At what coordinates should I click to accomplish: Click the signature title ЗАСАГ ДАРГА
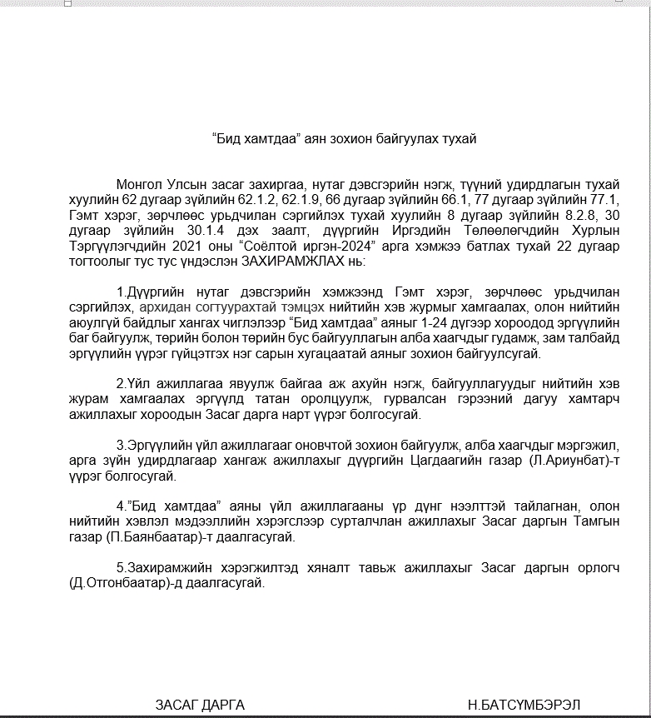click(x=200, y=704)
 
